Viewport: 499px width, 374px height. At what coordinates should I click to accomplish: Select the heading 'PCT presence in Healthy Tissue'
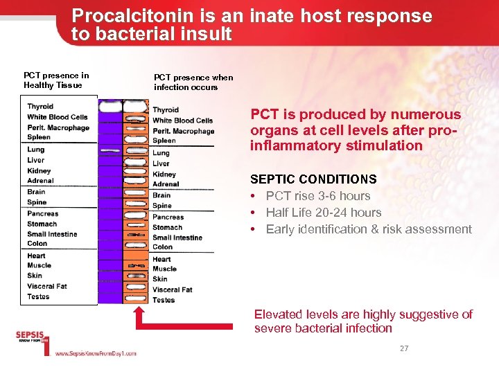pyautogui.click(x=56, y=80)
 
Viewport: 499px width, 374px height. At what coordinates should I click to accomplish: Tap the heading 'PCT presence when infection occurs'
pyautogui.click(x=193, y=82)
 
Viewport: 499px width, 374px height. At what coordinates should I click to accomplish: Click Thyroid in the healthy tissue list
pyautogui.click(x=40, y=107)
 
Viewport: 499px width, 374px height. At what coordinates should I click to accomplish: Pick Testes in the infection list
pyautogui.click(x=164, y=300)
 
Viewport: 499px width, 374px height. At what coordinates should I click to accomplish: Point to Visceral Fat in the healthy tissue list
pyautogui.click(x=47, y=286)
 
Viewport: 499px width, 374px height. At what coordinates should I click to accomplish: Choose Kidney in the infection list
pyautogui.click(x=164, y=174)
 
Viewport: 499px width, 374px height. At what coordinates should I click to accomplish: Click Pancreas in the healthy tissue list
pyautogui.click(x=43, y=213)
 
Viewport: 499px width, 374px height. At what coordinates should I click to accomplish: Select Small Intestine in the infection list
pyautogui.click(x=177, y=238)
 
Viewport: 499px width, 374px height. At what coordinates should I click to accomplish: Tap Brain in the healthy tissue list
pyautogui.click(x=36, y=192)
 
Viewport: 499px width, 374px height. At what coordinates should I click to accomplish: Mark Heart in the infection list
pyautogui.click(x=161, y=259)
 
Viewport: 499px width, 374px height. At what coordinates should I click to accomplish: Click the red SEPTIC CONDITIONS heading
pyautogui.click(x=313, y=179)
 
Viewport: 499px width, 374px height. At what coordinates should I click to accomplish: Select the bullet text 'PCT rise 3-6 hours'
pyautogui.click(x=318, y=196)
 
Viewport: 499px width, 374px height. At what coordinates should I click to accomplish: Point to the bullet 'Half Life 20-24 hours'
pyautogui.click(x=324, y=213)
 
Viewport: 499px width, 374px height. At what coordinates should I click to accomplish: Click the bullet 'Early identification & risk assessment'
pyautogui.click(x=369, y=229)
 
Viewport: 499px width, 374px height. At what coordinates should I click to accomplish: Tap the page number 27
pyautogui.click(x=404, y=348)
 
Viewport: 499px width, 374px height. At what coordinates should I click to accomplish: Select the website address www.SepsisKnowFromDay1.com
pyautogui.click(x=96, y=353)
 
